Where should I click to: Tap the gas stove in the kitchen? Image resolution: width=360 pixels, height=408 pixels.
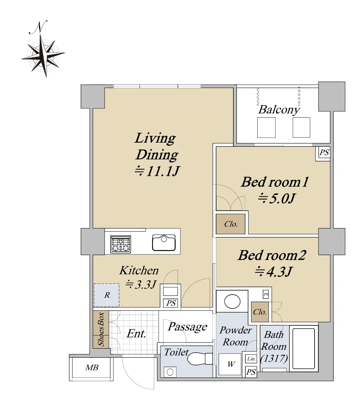[121, 244]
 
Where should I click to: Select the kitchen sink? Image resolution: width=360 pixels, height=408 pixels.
[164, 242]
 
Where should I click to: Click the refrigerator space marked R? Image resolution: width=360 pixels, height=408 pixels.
[107, 295]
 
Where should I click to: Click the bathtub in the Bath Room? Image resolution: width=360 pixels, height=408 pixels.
[303, 348]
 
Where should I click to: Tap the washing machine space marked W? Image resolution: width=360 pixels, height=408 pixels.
[230, 364]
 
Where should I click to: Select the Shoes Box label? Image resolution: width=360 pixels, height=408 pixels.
[101, 329]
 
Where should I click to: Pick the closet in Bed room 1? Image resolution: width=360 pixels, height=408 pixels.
[230, 224]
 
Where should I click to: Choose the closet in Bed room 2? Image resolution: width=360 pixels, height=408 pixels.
[259, 312]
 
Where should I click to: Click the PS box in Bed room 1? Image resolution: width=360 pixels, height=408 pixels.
[324, 152]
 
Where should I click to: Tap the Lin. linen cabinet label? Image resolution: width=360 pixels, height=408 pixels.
[251, 359]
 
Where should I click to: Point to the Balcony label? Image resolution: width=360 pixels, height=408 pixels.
[279, 109]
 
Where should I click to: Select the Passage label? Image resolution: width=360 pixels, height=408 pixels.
[187, 327]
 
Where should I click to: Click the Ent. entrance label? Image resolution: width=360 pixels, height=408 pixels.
[136, 334]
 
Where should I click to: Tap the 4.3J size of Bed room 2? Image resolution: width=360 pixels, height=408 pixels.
[273, 272]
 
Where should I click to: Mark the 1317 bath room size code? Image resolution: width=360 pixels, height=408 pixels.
[274, 359]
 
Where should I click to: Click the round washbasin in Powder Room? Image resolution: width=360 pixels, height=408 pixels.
[232, 301]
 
